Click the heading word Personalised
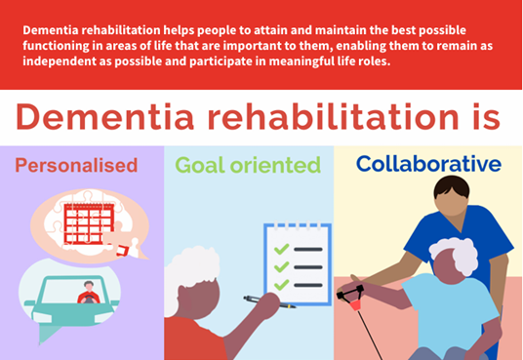[76, 166]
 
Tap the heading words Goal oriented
[248, 165]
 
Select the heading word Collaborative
[427, 164]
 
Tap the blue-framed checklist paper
[298, 263]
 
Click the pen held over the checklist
[268, 301]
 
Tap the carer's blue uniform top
[444, 249]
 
